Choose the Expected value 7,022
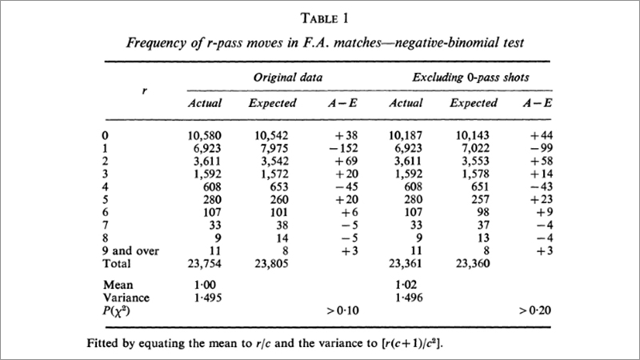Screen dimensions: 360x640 [477, 150]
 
